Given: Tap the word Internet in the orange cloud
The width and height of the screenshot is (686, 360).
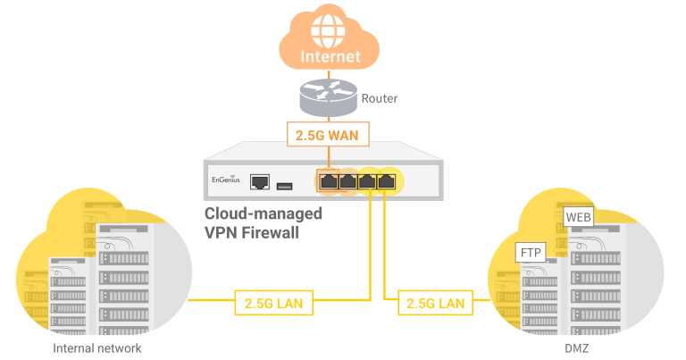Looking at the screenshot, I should pyautogui.click(x=330, y=55).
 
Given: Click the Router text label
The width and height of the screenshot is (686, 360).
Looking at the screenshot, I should pyautogui.click(x=379, y=98).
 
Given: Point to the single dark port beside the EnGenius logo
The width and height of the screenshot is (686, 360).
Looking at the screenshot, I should pyautogui.click(x=261, y=182).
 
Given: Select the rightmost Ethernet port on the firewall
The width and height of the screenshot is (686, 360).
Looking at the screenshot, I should pyautogui.click(x=387, y=181).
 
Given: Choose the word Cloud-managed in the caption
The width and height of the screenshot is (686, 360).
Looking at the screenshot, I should pyautogui.click(x=264, y=214).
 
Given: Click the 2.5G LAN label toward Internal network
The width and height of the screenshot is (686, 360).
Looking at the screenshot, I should pyautogui.click(x=273, y=303).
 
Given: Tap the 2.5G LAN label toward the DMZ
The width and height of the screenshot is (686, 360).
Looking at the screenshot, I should pyautogui.click(x=434, y=303).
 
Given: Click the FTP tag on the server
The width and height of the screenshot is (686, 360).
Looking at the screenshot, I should pyautogui.click(x=531, y=254).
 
